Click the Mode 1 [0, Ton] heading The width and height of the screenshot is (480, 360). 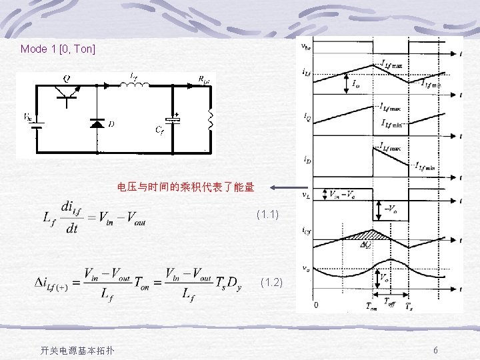tap(58, 49)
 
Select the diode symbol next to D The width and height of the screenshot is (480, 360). tap(97, 123)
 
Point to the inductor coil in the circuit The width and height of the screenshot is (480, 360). tap(135, 84)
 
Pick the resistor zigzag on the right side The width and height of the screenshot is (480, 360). tap(210, 120)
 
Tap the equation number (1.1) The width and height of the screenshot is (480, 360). tap(267, 215)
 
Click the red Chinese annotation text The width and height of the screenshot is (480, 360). tap(185, 187)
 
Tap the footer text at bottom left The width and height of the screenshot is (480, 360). tap(77, 351)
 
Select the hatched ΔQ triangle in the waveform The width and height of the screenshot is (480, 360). tap(365, 235)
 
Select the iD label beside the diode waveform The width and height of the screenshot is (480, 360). tap(305, 159)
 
